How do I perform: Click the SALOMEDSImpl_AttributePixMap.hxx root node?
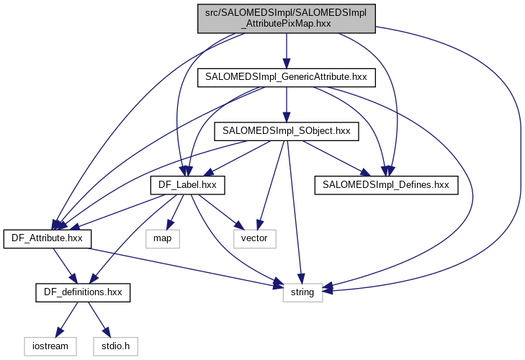click(x=287, y=17)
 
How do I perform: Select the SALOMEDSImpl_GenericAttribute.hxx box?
click(x=287, y=76)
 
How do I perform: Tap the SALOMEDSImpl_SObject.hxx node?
click(x=287, y=131)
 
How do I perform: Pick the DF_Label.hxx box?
click(x=187, y=186)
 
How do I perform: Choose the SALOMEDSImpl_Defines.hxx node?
click(x=386, y=186)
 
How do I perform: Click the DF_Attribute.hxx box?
click(x=47, y=238)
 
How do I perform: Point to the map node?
click(x=162, y=238)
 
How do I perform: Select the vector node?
click(x=255, y=238)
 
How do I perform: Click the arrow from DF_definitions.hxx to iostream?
click(x=66, y=319)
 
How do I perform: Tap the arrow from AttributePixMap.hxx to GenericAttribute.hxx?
click(x=287, y=49)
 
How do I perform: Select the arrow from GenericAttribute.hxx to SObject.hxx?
click(x=287, y=104)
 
